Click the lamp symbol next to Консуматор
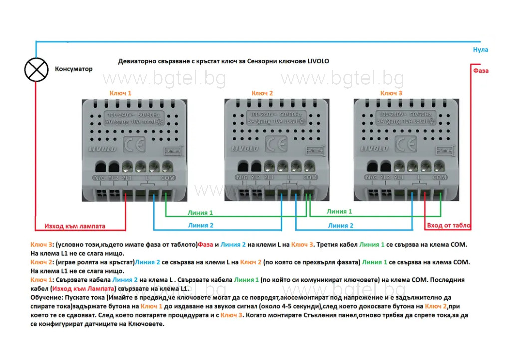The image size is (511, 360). [36, 69]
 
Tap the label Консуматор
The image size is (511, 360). [73, 69]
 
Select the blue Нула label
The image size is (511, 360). [480, 50]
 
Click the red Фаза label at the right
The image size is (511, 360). [480, 71]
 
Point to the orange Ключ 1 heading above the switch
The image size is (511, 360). [121, 93]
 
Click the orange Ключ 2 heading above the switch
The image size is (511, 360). [262, 93]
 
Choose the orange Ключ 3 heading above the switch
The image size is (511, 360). [391, 93]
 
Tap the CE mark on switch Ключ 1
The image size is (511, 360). [134, 145]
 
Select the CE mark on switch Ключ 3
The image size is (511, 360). [406, 145]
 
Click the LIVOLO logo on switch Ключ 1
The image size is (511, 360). [103, 149]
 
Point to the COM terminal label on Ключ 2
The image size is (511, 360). [309, 177]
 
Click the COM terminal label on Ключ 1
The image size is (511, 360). [168, 177]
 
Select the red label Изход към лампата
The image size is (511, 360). [75, 226]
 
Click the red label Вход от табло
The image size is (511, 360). [449, 226]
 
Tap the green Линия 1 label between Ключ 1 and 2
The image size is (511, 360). [200, 213]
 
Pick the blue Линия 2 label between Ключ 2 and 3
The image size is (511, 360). [341, 226]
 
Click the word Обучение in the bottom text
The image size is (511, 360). [46, 297]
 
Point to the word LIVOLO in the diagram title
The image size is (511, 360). [316, 61]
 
